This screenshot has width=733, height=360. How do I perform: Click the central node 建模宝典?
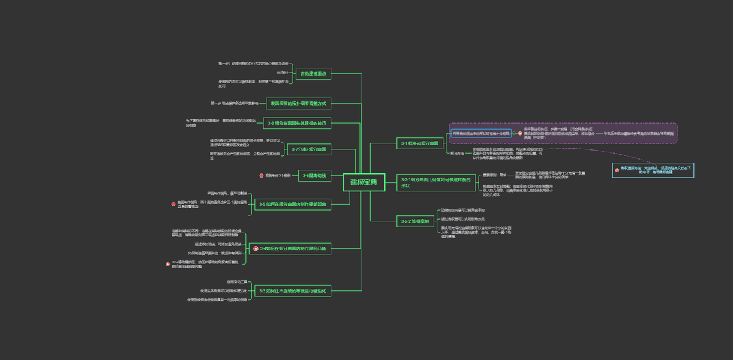pyautogui.click(x=364, y=182)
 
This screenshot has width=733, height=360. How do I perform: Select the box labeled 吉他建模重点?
pyautogui.click(x=313, y=74)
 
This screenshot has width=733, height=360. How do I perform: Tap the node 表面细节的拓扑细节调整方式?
pyautogui.click(x=298, y=104)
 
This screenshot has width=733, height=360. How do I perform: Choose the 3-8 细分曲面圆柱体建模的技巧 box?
pyautogui.click(x=296, y=123)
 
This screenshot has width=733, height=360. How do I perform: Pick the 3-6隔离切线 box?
pyautogui.click(x=314, y=176)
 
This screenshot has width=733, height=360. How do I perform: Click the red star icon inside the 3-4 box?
pyautogui.click(x=256, y=248)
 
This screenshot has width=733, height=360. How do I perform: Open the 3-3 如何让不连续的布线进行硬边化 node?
pyautogui.click(x=293, y=291)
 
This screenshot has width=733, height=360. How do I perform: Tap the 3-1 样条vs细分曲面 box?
pyautogui.click(x=420, y=143)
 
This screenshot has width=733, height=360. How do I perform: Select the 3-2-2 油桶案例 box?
pyautogui.click(x=415, y=221)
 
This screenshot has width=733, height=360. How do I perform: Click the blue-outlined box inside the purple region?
pyautogui.click(x=481, y=133)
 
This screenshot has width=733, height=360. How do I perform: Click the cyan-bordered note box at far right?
pyautogui.click(x=653, y=170)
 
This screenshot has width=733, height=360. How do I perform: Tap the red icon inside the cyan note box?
pyautogui.click(x=617, y=170)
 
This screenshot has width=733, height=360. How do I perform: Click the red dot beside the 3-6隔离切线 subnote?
pyautogui.click(x=262, y=176)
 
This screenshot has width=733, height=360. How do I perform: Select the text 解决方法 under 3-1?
pyautogui.click(x=457, y=154)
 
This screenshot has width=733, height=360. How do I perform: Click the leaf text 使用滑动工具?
pyautogui.click(x=237, y=281)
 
